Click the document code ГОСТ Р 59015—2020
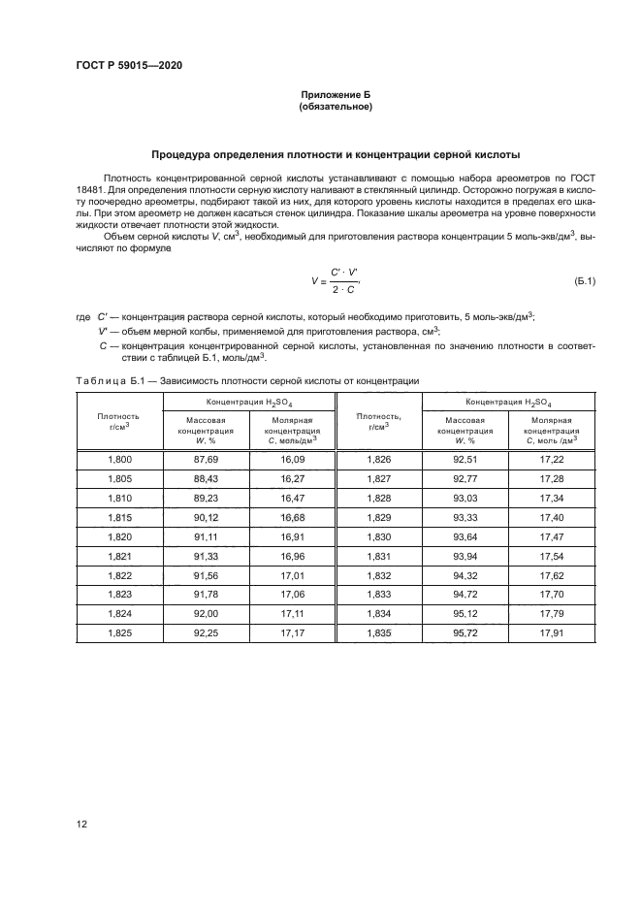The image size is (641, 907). pyautogui.click(x=128, y=65)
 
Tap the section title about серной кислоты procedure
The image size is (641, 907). pyautogui.click(x=336, y=154)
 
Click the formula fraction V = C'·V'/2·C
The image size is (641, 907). pyautogui.click(x=336, y=281)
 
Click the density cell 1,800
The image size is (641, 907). pyautogui.click(x=119, y=461)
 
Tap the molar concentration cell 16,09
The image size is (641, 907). pyautogui.click(x=291, y=461)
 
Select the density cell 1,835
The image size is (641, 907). pyautogui.click(x=379, y=632)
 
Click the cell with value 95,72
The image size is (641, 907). pyautogui.click(x=465, y=632)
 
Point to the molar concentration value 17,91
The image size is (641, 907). pyautogui.click(x=552, y=632)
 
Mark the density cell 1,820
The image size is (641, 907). pyautogui.click(x=119, y=537)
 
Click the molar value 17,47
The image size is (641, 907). pyautogui.click(x=552, y=537)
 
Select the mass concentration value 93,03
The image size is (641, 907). pyautogui.click(x=465, y=499)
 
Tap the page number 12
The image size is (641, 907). pyautogui.click(x=81, y=824)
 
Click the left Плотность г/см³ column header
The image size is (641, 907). pyautogui.click(x=119, y=421)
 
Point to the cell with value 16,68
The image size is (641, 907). pyautogui.click(x=291, y=518)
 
